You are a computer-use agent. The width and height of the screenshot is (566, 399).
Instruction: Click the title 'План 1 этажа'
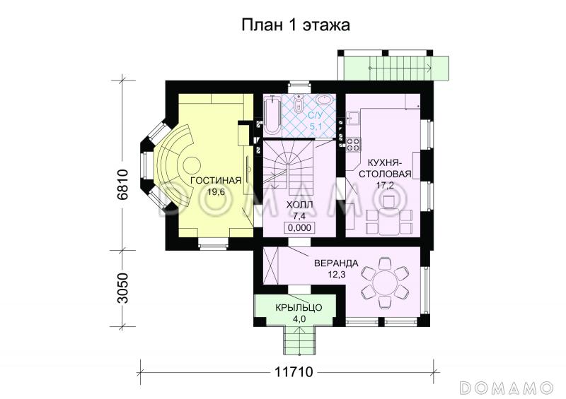click(x=296, y=25)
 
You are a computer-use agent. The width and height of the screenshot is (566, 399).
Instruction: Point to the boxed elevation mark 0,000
click(x=300, y=227)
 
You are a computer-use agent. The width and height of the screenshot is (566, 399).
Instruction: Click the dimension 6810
click(x=121, y=185)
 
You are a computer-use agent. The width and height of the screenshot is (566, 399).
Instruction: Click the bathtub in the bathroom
click(x=272, y=115)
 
